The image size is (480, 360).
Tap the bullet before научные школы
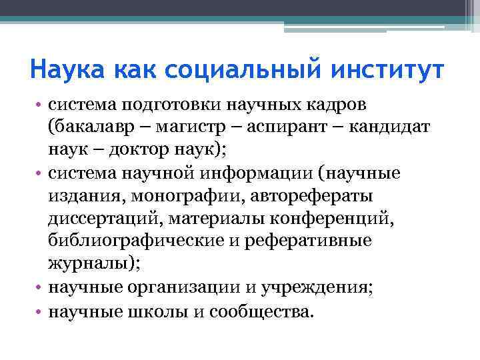41,311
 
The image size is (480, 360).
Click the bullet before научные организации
41,288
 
